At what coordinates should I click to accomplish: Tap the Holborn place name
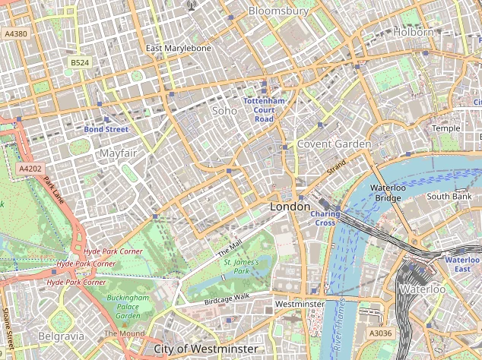(x=413, y=33)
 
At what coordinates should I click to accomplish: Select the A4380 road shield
(x=15, y=34)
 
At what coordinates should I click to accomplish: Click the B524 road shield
(x=79, y=62)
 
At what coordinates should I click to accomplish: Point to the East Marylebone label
(x=179, y=49)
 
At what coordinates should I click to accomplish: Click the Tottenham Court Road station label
(x=264, y=110)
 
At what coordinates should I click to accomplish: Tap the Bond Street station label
(x=106, y=130)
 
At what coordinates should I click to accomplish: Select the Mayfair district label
(x=118, y=153)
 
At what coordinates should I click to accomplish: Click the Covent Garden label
(x=334, y=144)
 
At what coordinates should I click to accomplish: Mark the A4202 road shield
(x=30, y=168)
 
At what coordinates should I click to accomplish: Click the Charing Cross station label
(x=325, y=218)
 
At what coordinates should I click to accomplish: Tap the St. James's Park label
(x=241, y=266)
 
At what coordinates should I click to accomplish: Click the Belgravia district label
(x=60, y=335)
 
